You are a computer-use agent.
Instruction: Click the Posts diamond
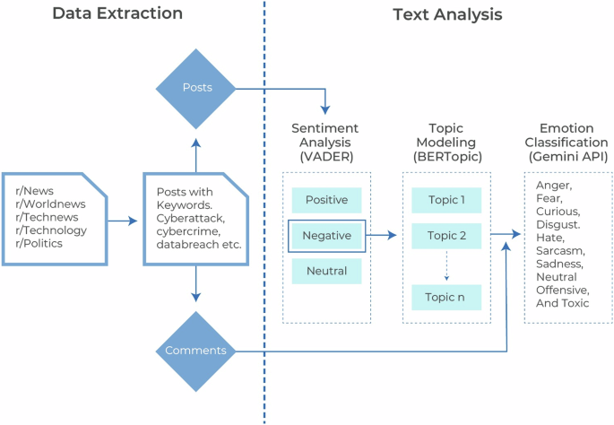point(196,89)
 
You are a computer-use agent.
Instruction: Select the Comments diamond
point(196,351)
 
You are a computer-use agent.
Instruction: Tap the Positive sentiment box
point(326,200)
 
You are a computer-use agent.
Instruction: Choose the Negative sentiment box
point(326,235)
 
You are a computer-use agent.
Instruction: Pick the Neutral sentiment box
point(326,270)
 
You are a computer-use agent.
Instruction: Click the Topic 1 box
point(446,200)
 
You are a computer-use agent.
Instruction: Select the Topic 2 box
point(446,236)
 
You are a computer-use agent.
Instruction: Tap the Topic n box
point(446,297)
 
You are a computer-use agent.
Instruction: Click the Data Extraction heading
point(117,14)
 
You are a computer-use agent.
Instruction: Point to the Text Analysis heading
point(447,14)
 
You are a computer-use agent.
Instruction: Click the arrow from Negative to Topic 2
point(382,236)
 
